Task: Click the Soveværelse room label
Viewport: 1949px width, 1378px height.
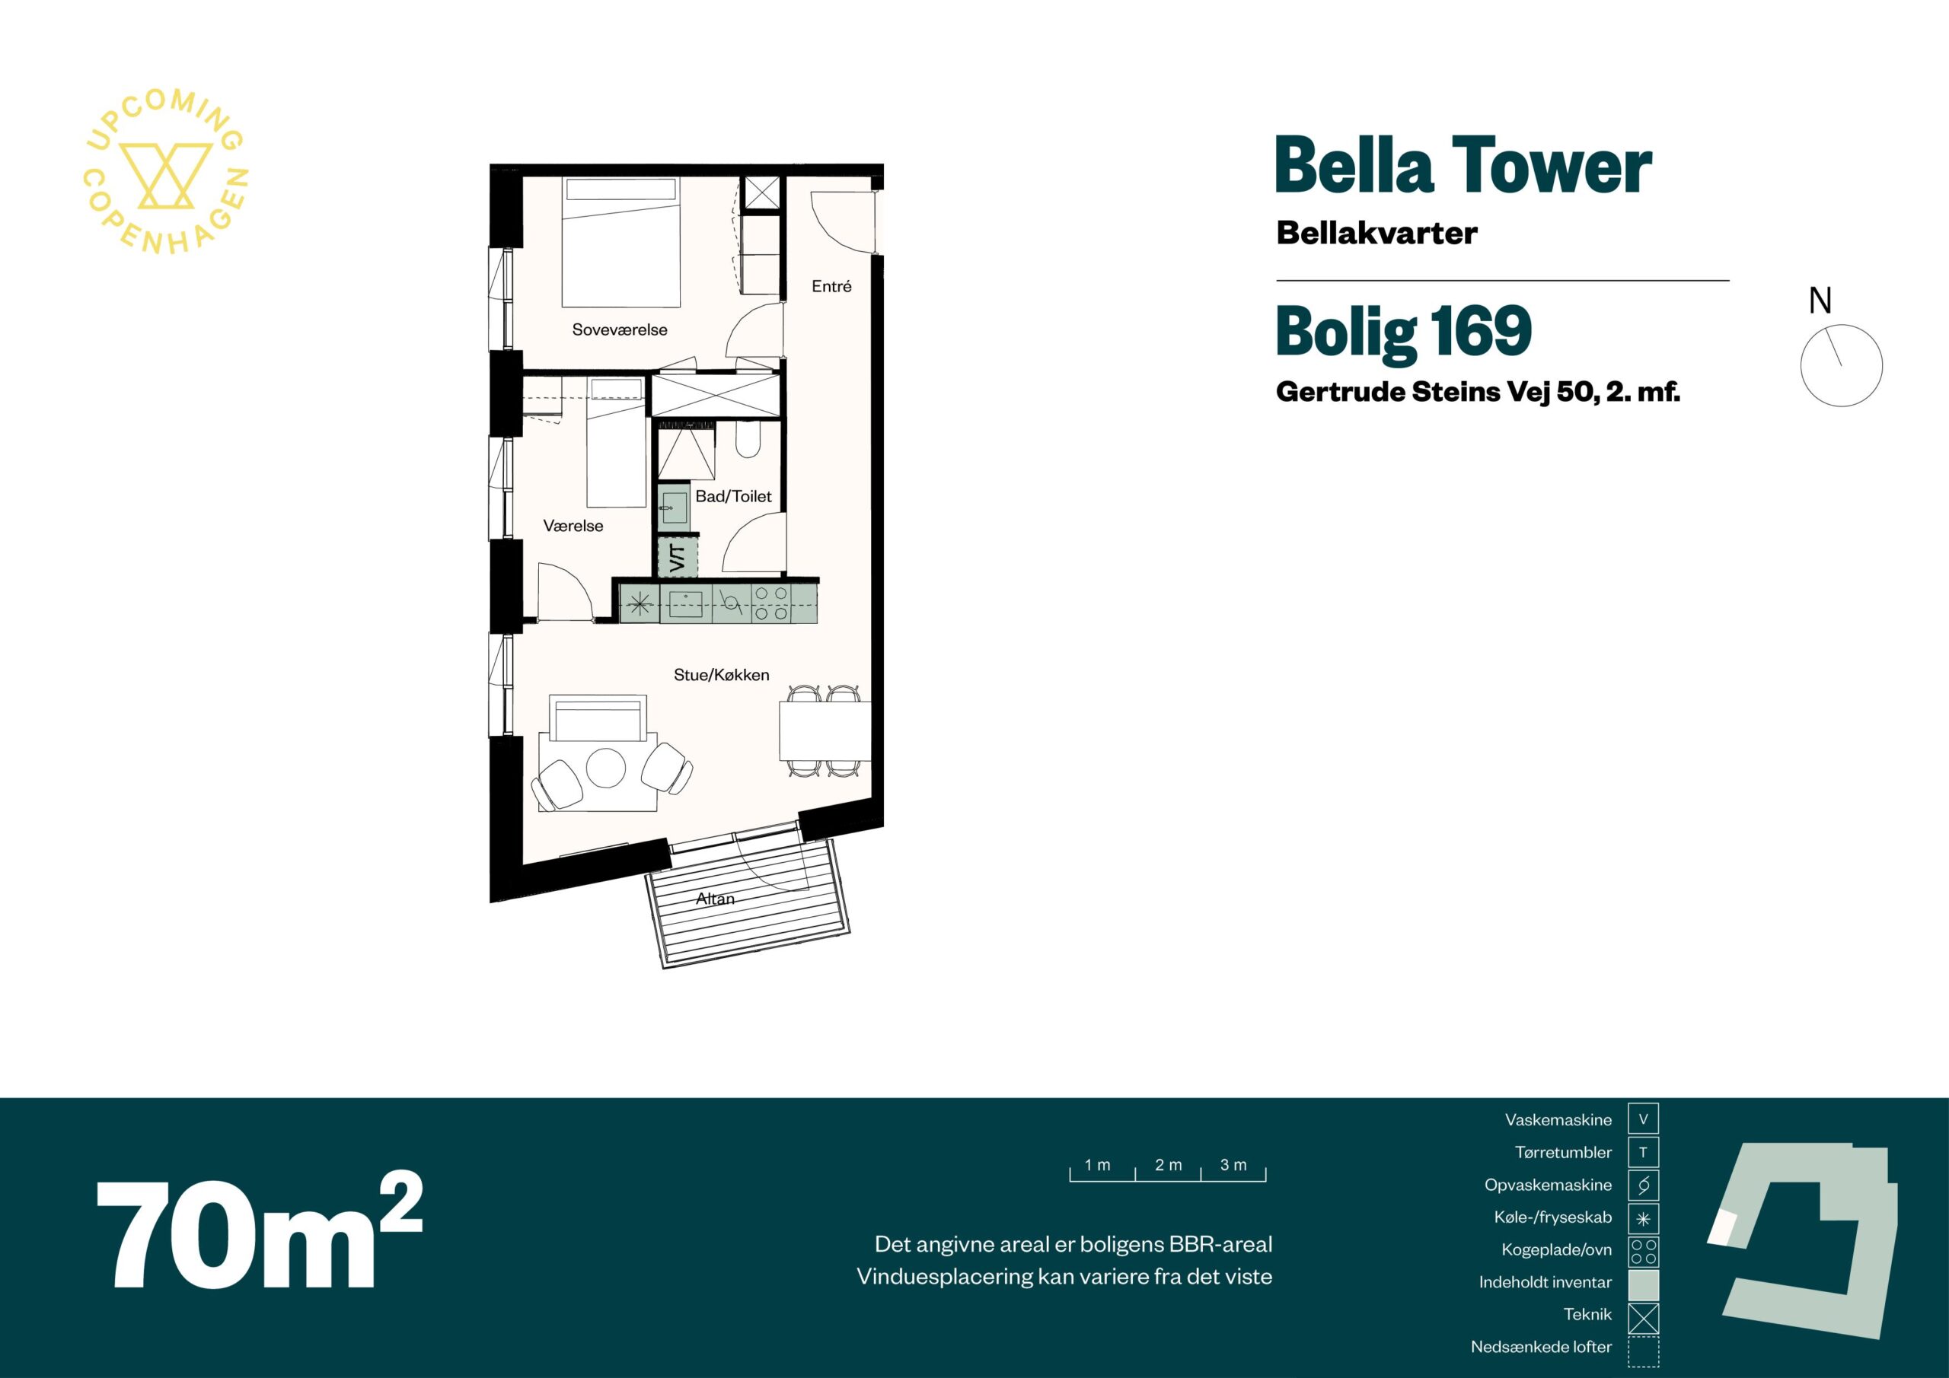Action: coord(619,329)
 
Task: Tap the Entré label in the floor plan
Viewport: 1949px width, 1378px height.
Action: coord(831,286)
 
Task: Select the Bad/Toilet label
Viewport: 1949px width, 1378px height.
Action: coord(733,496)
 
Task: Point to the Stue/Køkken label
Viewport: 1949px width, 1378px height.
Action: coord(722,675)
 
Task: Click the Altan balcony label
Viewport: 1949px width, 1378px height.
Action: coord(716,899)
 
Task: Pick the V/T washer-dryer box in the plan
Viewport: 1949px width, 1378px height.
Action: coord(678,558)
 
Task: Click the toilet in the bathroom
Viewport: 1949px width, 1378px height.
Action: coord(748,439)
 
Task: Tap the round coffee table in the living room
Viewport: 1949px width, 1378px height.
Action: coord(606,767)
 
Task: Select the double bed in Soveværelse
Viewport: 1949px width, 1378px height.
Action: coord(620,242)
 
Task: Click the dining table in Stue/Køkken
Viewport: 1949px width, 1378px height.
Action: coord(825,730)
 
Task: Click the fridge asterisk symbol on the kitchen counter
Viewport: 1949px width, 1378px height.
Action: coord(641,604)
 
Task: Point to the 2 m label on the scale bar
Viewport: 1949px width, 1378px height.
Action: coord(1168,1165)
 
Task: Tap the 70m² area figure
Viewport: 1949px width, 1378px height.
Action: coord(258,1233)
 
